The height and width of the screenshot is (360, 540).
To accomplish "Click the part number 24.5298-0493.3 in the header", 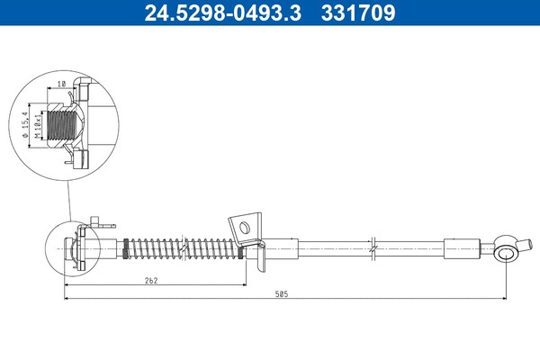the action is point(223,13).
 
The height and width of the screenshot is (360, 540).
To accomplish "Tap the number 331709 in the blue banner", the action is point(358,13).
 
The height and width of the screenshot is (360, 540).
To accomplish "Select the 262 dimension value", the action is point(151,281).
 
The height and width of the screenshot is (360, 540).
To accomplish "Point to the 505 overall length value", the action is point(282,294).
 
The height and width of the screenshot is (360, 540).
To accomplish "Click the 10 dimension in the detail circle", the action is point(61,84).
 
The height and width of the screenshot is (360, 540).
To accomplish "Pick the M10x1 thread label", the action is point(38,125).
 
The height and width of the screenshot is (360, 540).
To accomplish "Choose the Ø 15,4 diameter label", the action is point(25,125).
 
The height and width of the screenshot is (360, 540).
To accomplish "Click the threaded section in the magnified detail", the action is point(61,125).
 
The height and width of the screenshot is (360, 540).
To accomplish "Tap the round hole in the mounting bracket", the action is point(244,228).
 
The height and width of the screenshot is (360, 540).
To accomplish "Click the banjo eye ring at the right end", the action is point(506,254).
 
